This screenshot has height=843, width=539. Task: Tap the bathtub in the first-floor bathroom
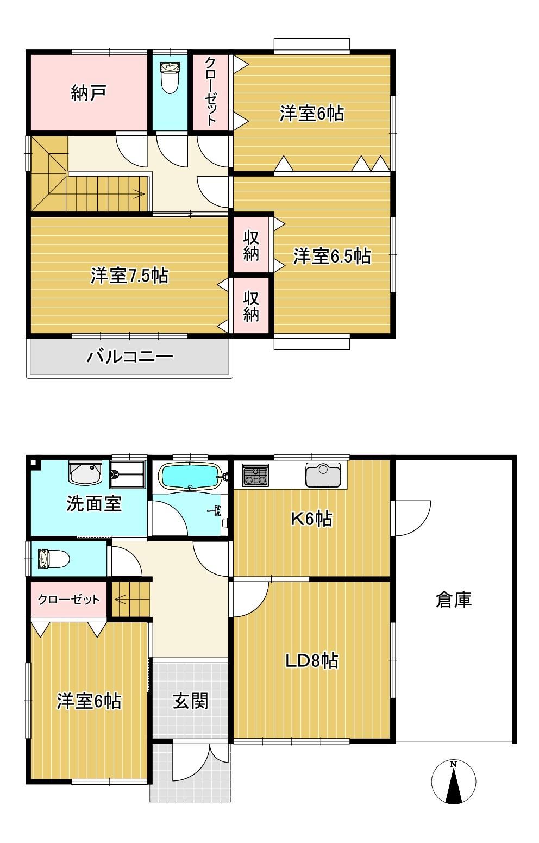tap(190, 476)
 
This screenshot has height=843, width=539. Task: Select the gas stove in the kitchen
tap(255, 475)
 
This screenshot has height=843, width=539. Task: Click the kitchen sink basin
tap(323, 474)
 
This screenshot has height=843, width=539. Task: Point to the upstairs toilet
tap(170, 77)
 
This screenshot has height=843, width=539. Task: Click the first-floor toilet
tap(54, 559)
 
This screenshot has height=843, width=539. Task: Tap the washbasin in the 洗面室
tap(85, 473)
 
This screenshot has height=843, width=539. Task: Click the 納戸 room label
tap(89, 92)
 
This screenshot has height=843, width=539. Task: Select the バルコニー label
tap(130, 356)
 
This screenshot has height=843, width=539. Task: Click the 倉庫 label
tap(454, 600)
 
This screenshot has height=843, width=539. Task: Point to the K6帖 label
tap(312, 518)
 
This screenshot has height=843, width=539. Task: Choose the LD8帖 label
tap(312, 660)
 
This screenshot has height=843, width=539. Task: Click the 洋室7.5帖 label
tap(129, 276)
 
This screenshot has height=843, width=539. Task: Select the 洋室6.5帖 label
tap(332, 256)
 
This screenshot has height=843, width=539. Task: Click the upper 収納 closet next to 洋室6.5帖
tap(251, 245)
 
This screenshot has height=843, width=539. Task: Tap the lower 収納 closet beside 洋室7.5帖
tap(251, 305)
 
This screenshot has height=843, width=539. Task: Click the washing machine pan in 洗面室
tap(127, 474)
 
